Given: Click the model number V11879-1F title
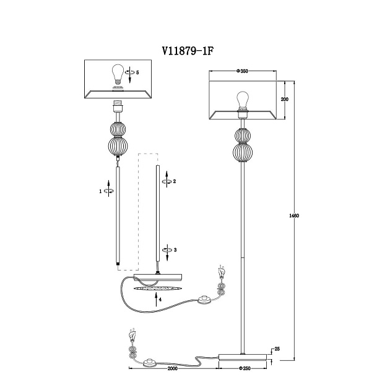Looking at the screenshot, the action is [x=188, y=51].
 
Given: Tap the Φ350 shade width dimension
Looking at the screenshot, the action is [x=242, y=71].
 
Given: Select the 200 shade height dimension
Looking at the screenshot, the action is [x=285, y=99].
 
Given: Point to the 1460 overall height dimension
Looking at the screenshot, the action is [x=294, y=215].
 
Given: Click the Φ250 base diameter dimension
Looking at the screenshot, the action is [x=245, y=368].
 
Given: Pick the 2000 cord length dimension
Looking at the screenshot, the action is [x=172, y=368].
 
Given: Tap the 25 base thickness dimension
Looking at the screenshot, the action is [x=277, y=349].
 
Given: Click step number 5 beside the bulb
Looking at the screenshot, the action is [x=137, y=72].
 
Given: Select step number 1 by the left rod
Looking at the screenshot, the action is [x=100, y=191].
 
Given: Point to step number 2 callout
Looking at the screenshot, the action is [x=175, y=181].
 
